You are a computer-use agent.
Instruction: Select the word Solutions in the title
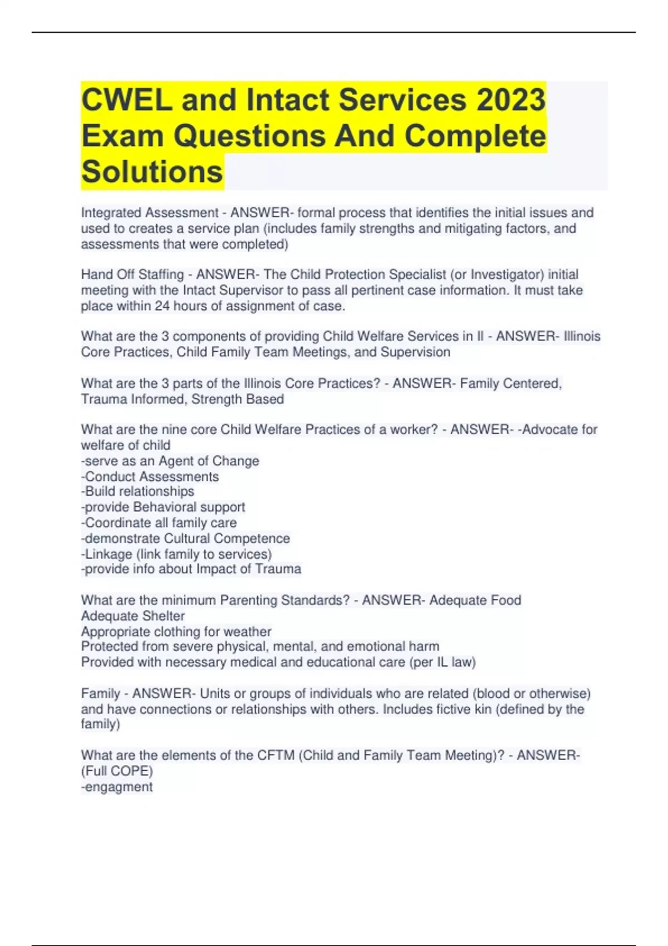coord(152,171)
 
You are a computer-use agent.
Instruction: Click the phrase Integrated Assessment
coord(150,213)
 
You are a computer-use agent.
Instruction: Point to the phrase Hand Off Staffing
coord(132,274)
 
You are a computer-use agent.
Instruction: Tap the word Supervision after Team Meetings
coord(415,352)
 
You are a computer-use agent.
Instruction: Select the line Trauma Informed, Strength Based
coord(183,399)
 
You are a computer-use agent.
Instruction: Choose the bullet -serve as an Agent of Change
coord(170,461)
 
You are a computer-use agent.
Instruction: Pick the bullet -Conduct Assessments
coord(150,477)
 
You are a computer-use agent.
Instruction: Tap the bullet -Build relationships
coord(137,491)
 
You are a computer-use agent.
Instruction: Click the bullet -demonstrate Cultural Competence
coord(185,539)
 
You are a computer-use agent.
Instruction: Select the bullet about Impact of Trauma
coord(191,569)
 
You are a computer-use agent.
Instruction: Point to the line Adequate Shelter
coord(133,616)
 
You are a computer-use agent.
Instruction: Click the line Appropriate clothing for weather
coord(176,632)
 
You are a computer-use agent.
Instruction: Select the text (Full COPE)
coord(117,771)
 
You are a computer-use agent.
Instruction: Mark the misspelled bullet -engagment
coord(117,787)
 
